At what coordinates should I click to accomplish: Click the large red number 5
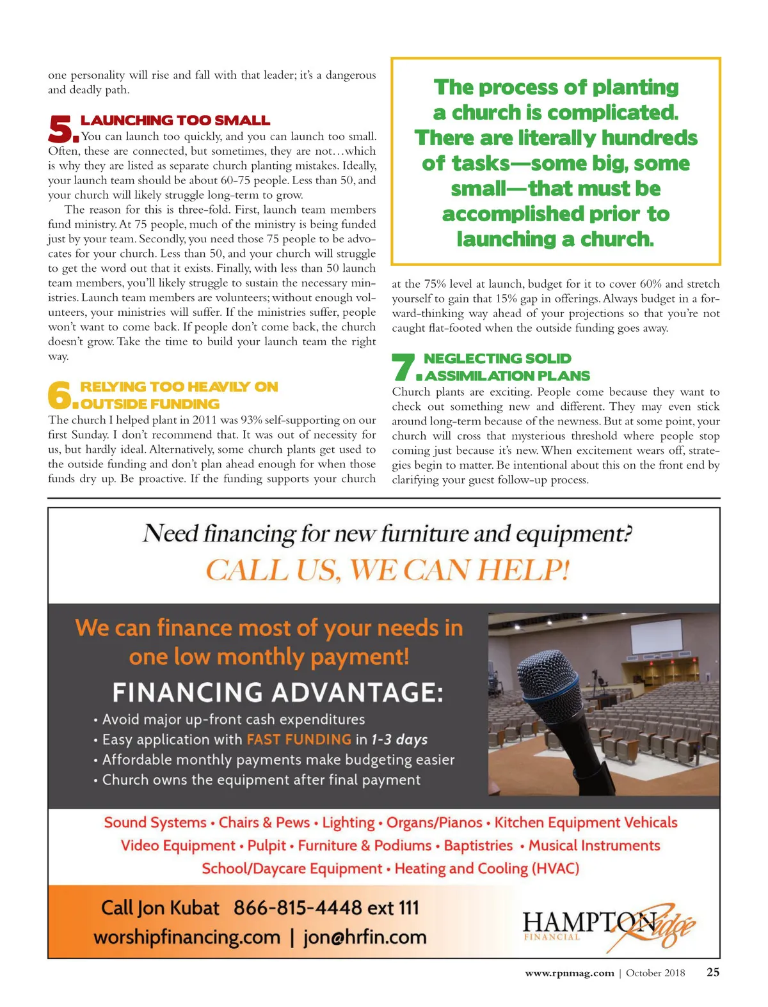(61, 129)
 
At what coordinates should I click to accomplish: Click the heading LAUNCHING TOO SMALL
(175, 120)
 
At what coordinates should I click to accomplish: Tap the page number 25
(712, 972)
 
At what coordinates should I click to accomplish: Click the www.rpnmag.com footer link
(569, 973)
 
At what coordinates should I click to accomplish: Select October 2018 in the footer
(655, 973)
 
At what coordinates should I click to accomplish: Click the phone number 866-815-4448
(298, 908)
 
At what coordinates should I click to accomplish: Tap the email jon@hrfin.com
(365, 937)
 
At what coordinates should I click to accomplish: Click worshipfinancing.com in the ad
(187, 937)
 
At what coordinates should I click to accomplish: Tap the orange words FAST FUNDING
(299, 740)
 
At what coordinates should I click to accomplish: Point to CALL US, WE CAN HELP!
(387, 570)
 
